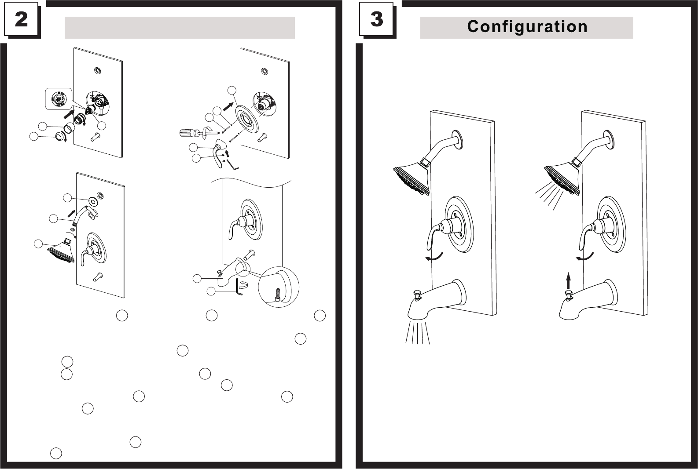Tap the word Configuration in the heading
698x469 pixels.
coord(527,27)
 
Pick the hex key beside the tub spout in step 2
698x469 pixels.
coord(239,287)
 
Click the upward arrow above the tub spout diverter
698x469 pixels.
coord(568,279)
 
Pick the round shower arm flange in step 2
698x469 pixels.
coord(94,201)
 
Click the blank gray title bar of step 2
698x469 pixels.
coord(179,28)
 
